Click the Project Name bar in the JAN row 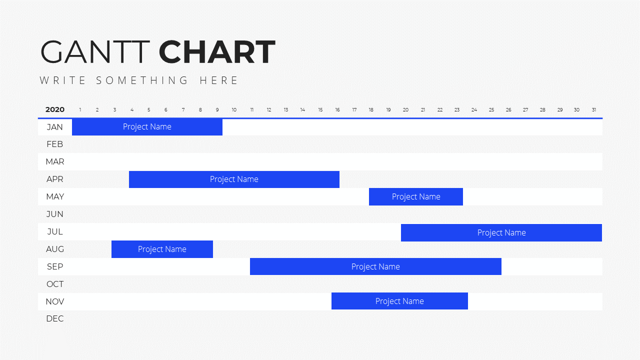click(x=147, y=127)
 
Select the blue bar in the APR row click(x=234, y=179)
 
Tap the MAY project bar click(x=416, y=197)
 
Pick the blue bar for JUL click(x=501, y=233)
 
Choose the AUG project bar click(x=162, y=249)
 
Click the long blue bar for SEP click(x=375, y=266)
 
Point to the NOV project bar click(x=399, y=301)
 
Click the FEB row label click(x=55, y=144)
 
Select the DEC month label click(x=55, y=319)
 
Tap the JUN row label click(x=55, y=214)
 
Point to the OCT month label click(x=55, y=284)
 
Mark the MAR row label click(x=55, y=161)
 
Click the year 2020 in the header click(x=55, y=109)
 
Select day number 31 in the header click(x=594, y=110)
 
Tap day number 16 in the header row click(x=337, y=110)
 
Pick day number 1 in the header click(x=80, y=110)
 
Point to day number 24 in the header click(x=474, y=110)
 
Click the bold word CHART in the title click(x=217, y=52)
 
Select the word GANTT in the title click(x=95, y=52)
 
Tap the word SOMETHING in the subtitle click(x=142, y=80)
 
